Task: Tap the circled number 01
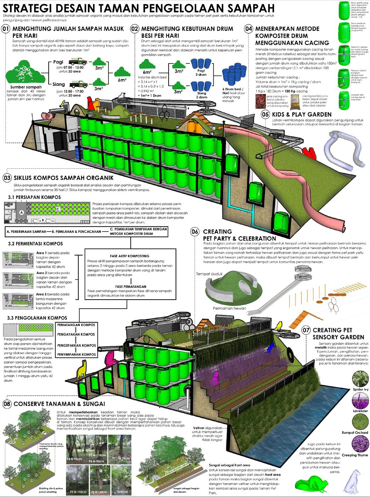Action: tap(6, 30)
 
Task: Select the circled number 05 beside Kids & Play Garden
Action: tap(265, 115)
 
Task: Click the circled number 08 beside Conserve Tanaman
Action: tap(7, 404)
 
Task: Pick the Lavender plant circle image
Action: tap(360, 400)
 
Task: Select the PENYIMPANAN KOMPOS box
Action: tap(76, 354)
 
